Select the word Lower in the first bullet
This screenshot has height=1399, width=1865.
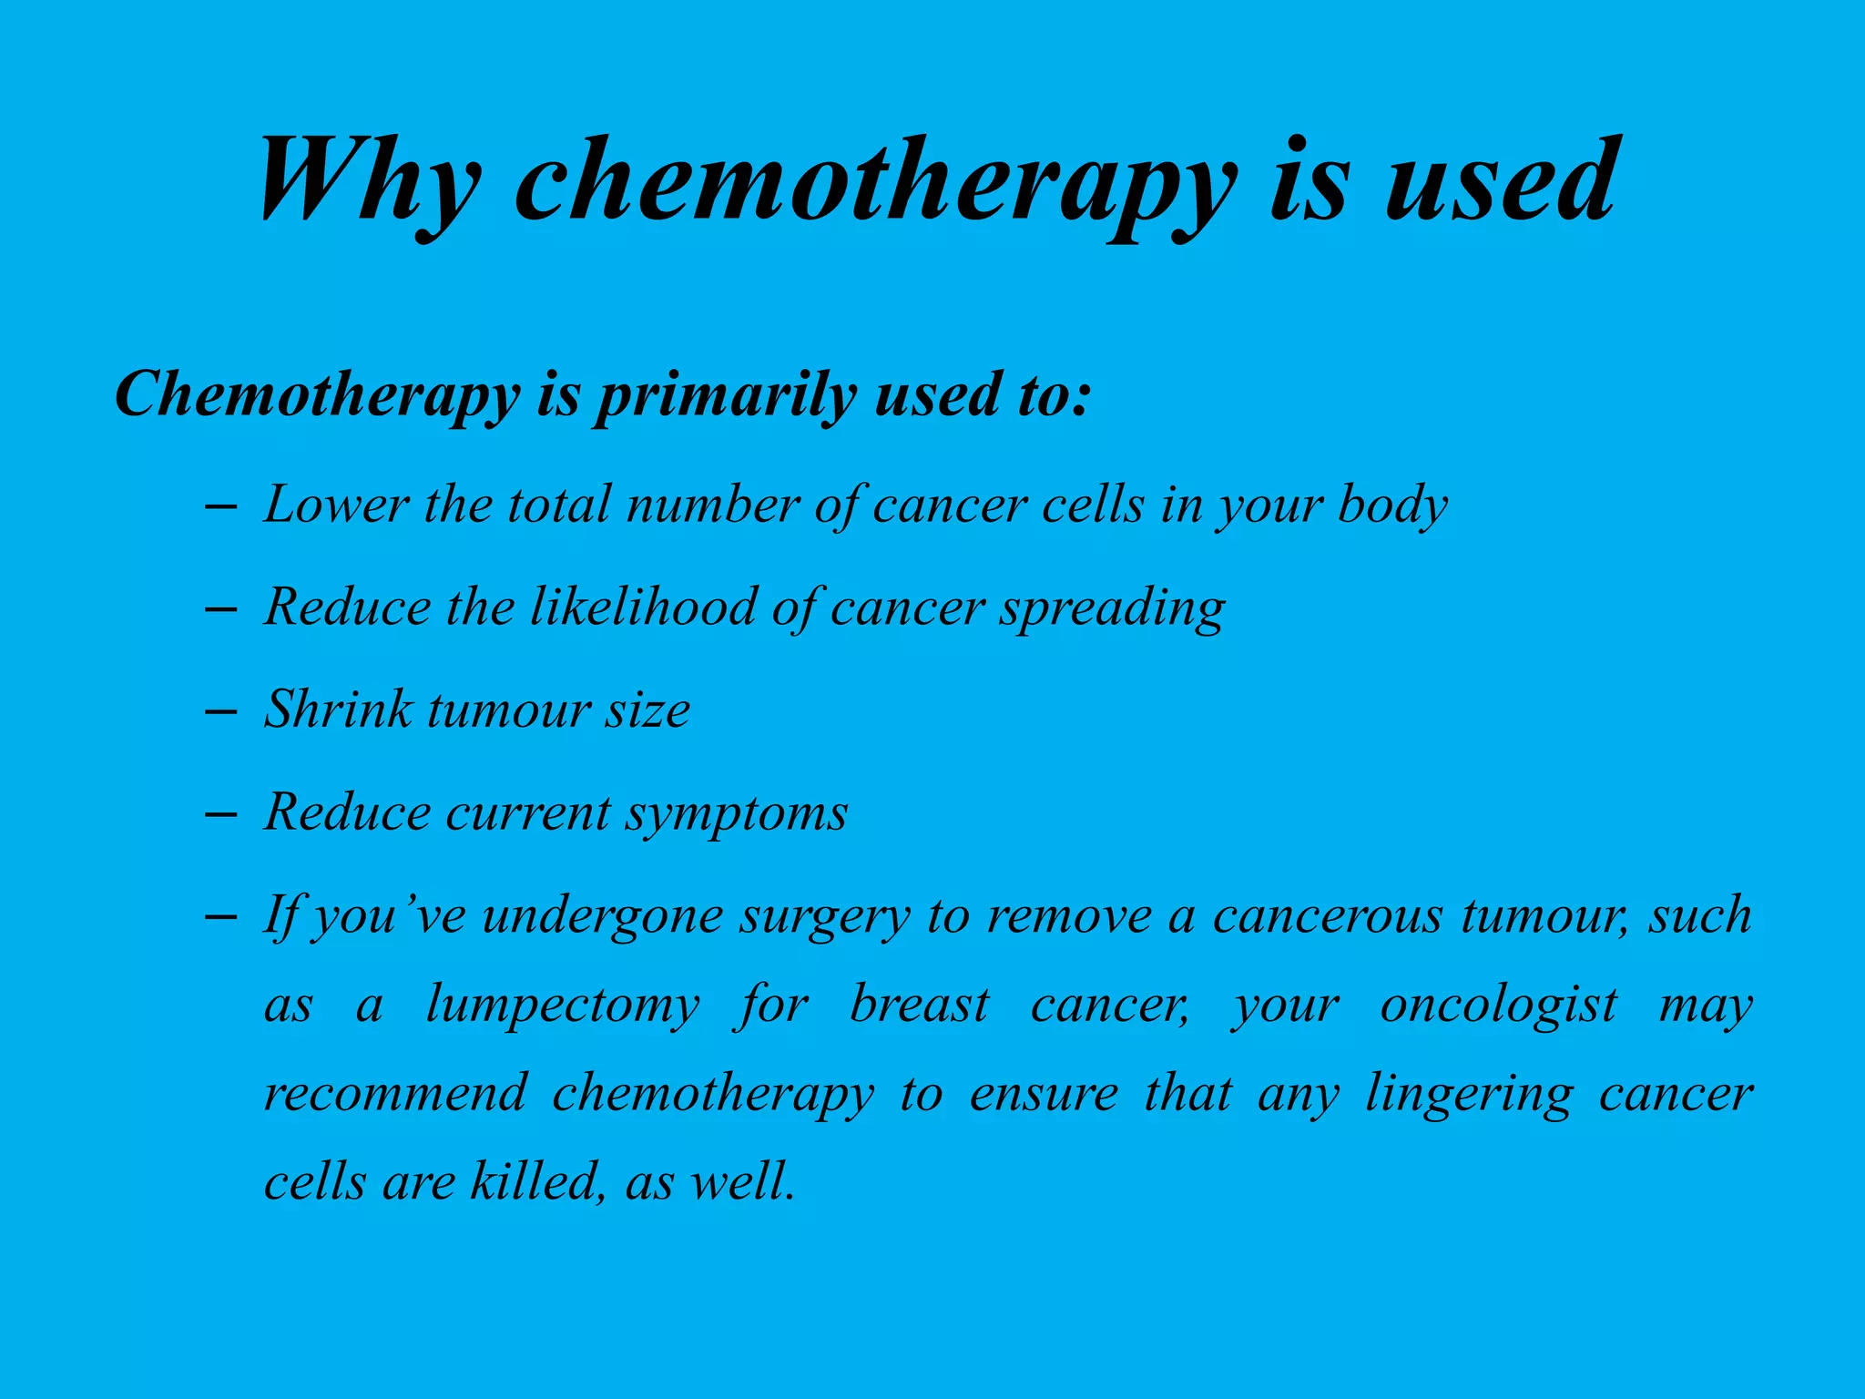336,504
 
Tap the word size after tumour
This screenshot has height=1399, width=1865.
647,710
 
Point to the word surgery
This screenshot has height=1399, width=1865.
824,916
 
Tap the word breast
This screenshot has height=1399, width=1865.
919,1005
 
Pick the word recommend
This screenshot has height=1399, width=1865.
395,1093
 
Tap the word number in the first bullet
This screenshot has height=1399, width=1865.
713,504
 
